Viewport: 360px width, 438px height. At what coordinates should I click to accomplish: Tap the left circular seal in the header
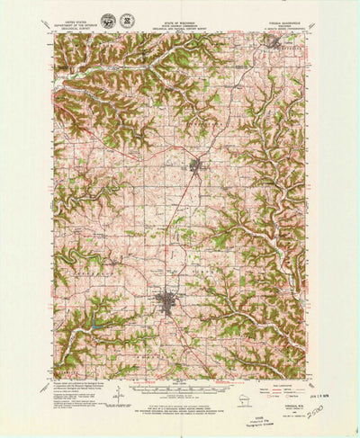[108, 20]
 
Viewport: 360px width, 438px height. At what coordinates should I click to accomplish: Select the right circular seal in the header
[127, 20]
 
